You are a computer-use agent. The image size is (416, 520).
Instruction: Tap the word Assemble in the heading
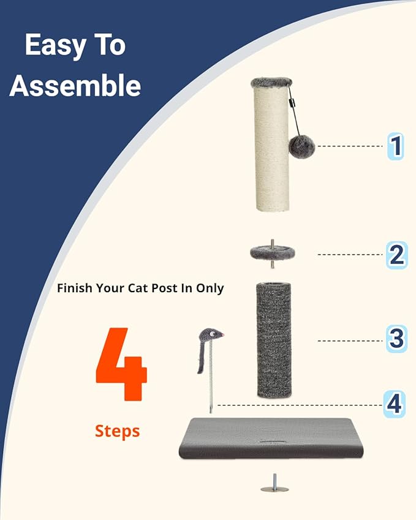75,86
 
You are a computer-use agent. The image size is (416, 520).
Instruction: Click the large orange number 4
121,365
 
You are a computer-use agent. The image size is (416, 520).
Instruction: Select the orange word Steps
117,431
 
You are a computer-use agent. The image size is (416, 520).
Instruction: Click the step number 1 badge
396,146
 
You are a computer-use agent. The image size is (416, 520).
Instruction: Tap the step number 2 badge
396,255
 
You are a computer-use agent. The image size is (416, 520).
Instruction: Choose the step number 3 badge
396,339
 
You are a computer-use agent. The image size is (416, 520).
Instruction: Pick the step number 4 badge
394,404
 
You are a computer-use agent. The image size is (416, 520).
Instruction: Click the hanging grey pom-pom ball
301,146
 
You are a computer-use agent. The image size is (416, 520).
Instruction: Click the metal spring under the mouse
211,380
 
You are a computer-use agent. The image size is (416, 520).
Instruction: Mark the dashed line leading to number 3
349,341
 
